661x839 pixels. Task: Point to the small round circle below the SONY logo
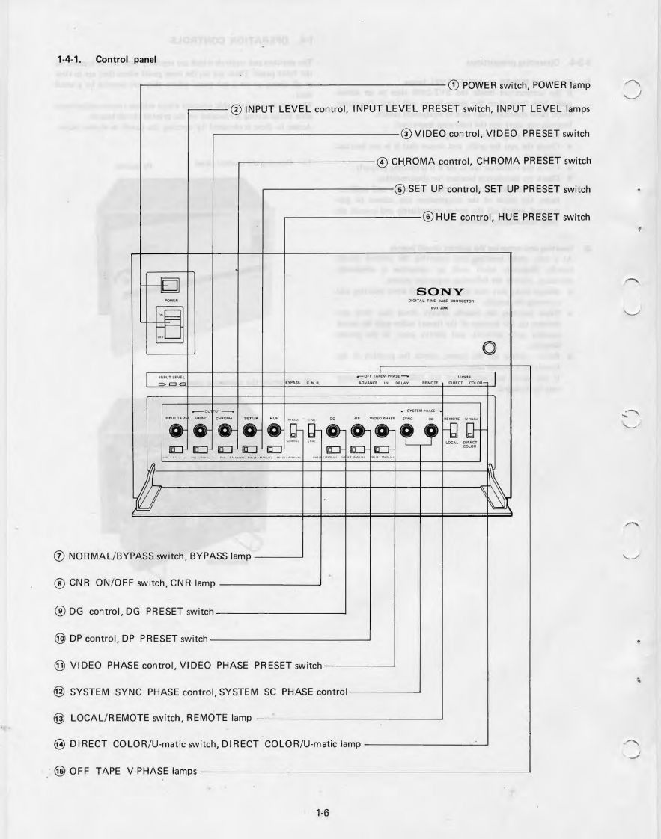(x=490, y=348)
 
